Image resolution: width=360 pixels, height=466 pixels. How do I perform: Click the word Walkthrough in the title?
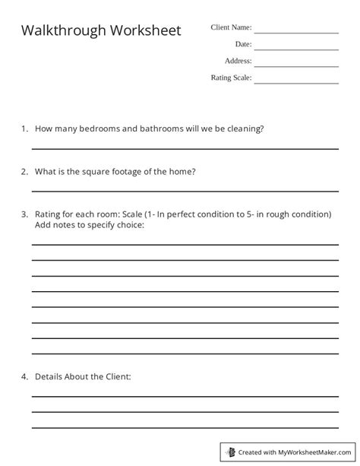[63, 31]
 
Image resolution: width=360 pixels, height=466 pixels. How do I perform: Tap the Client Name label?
[231, 28]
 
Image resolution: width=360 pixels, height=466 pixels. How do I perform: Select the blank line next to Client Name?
[296, 33]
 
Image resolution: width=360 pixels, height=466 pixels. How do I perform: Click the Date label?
[243, 45]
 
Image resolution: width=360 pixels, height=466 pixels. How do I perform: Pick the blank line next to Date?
[296, 49]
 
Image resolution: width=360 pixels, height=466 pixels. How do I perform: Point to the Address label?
[238, 61]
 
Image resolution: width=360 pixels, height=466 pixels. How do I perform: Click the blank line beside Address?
[296, 66]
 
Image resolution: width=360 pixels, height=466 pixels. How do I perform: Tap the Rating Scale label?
[231, 78]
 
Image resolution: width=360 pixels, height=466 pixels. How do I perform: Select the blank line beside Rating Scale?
[296, 83]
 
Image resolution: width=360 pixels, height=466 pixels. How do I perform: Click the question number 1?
[24, 129]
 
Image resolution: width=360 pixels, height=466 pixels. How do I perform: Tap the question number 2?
[24, 172]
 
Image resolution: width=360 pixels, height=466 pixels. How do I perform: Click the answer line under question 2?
[185, 192]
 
